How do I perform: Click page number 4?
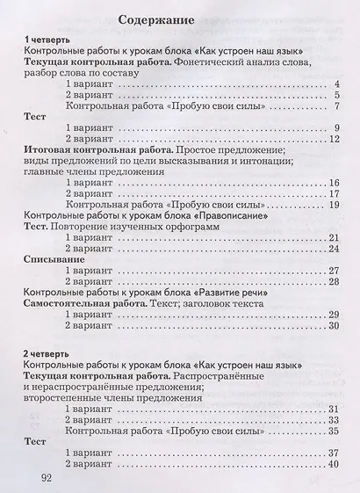coord(336,84)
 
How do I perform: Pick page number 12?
coord(334,139)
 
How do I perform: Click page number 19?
coord(334,204)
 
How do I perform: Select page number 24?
coord(334,248)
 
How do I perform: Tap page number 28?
coord(334,281)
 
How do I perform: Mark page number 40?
coord(334,463)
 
